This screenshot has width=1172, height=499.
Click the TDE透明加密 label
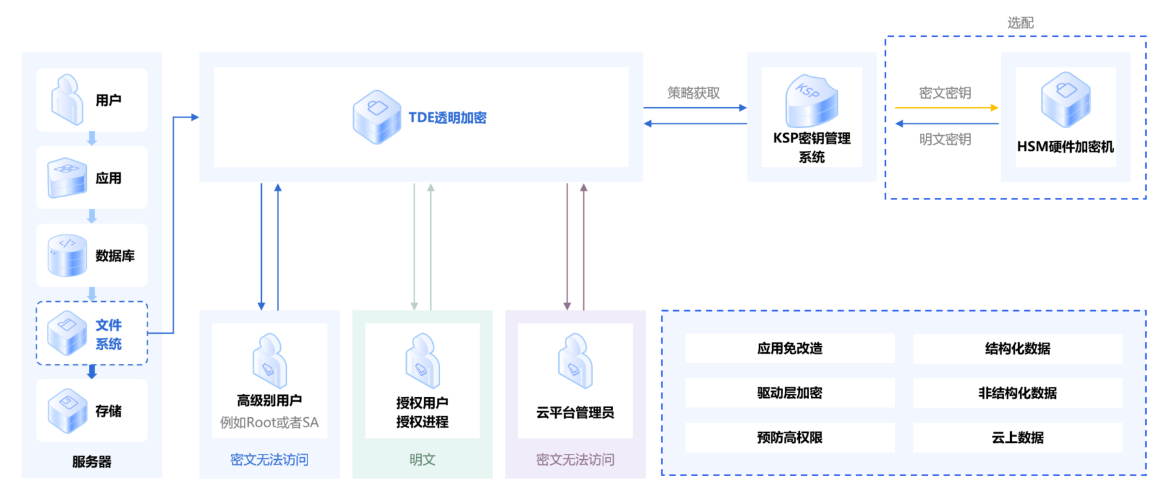coord(447,118)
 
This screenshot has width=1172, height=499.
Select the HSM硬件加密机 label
coord(1065,146)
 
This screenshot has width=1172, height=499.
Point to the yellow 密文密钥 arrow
coord(946,108)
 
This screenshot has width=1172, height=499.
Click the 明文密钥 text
coord(945,139)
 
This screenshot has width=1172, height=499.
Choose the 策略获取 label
coord(693,93)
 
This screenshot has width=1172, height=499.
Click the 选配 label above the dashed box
coord(1021,23)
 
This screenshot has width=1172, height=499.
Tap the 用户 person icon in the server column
coord(67,99)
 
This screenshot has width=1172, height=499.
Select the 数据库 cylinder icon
coord(67,255)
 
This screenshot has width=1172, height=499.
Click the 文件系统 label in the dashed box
coord(108,334)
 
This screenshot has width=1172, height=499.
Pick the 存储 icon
coord(67,411)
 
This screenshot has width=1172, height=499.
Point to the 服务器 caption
coord(91,462)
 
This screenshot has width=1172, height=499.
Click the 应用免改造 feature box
coord(789,348)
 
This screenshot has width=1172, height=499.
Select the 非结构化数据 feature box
coord(1017,393)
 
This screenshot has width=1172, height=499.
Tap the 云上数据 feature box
coord(1017,437)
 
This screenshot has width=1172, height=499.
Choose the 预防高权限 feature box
coord(789,437)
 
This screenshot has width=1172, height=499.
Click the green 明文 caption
coord(422,459)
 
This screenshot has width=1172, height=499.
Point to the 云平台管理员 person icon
coord(575,361)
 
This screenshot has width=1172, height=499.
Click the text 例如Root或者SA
coord(269,423)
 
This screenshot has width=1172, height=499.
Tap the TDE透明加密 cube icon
coord(377,117)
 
